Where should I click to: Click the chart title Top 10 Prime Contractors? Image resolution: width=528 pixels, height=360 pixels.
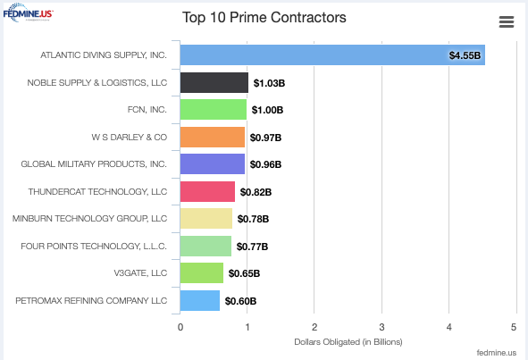(x=264, y=18)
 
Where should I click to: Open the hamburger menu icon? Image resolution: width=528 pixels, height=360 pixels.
(x=506, y=22)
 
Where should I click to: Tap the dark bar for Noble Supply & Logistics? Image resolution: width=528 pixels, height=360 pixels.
(x=214, y=83)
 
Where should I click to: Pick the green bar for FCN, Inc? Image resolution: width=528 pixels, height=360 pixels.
(x=214, y=110)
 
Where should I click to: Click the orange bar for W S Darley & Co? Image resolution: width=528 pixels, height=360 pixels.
(x=213, y=138)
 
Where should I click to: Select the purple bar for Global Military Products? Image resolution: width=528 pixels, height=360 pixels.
(x=213, y=164)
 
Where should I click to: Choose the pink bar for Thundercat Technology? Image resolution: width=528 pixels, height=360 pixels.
(x=208, y=192)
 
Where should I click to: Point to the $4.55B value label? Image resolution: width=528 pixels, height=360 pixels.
(x=465, y=55)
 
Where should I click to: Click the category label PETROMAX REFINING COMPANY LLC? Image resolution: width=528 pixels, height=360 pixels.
(x=91, y=301)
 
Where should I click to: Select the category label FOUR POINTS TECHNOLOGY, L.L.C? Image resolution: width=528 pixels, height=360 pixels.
(x=94, y=246)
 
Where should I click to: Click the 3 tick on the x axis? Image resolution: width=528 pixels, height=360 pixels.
(x=381, y=327)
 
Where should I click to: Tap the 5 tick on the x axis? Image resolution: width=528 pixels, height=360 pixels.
(x=515, y=327)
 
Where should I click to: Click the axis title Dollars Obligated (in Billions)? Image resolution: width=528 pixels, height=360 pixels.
(x=348, y=342)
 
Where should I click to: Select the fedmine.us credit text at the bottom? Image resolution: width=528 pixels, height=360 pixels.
(x=497, y=352)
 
